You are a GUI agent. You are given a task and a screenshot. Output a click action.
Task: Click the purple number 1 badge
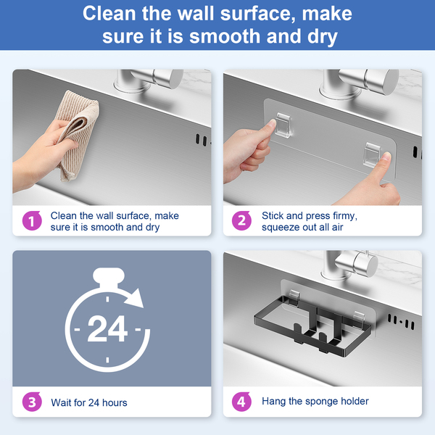click(x=32, y=221)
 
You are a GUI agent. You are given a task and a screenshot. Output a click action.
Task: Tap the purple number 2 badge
click(x=241, y=221)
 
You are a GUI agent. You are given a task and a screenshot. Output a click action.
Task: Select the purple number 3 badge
click(x=32, y=402)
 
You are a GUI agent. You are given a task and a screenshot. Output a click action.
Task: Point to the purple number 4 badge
click(x=241, y=402)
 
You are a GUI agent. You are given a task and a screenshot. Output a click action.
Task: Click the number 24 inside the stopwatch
click(x=107, y=329)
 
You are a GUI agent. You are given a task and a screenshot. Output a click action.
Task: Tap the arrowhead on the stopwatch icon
click(x=135, y=298)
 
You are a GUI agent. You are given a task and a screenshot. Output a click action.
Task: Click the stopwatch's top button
click(x=109, y=275)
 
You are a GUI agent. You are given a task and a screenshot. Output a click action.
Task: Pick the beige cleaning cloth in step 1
click(x=77, y=133)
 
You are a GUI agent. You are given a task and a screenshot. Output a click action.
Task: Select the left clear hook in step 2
click(x=283, y=125)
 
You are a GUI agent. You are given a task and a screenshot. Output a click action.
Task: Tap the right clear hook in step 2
click(x=372, y=155)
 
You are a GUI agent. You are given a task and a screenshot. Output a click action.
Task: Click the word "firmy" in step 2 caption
click(x=345, y=216)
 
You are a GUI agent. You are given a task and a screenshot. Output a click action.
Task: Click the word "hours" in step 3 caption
click(x=115, y=402)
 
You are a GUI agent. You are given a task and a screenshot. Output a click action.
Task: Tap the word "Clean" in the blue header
click(x=110, y=13)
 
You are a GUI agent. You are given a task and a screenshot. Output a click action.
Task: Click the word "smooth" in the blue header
click(x=225, y=36)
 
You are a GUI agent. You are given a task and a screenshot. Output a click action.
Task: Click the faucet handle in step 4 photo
click(x=357, y=263)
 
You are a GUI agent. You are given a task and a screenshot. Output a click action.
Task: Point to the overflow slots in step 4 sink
click(x=401, y=322)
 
